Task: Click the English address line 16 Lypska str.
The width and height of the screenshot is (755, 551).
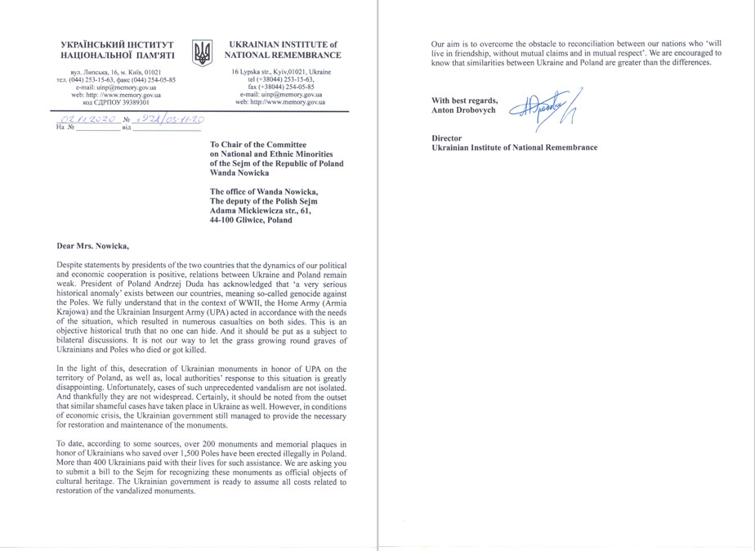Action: point(281,73)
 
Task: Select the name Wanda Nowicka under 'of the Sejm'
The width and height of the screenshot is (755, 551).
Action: point(239,173)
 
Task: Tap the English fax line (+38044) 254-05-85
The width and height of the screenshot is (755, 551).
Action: point(280,87)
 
